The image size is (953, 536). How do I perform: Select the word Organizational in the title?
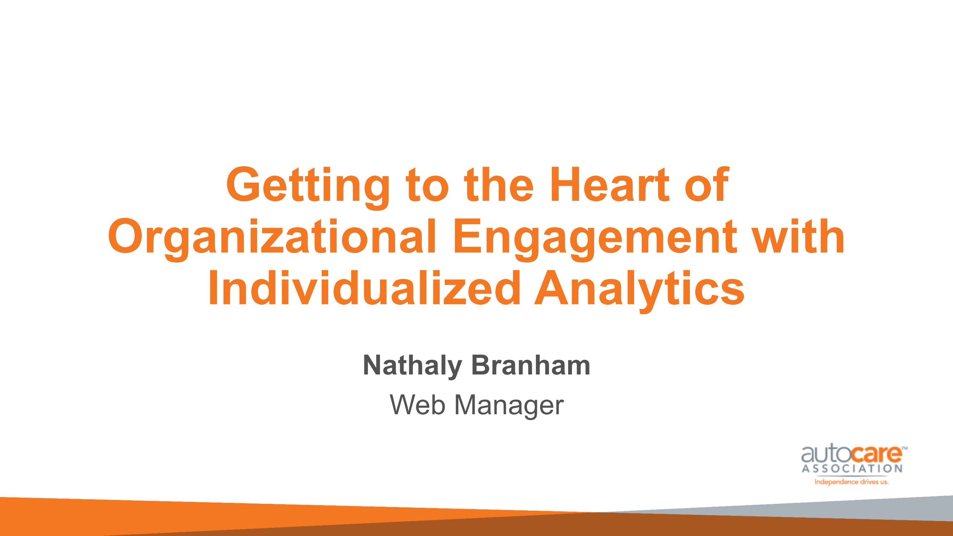[272, 239]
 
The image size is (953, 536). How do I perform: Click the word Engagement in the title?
[595, 239]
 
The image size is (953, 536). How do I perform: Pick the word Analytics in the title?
[639, 291]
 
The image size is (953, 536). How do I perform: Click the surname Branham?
[531, 365]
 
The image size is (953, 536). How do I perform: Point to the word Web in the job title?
[417, 405]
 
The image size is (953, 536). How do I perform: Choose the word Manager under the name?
[509, 406]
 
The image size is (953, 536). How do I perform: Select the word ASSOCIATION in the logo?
[852, 469]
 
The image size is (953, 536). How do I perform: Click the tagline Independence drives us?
[851, 482]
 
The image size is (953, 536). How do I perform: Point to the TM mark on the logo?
[904, 448]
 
